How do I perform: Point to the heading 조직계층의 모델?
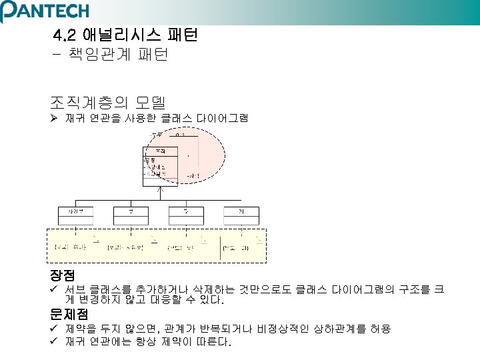[x=107, y=102]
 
